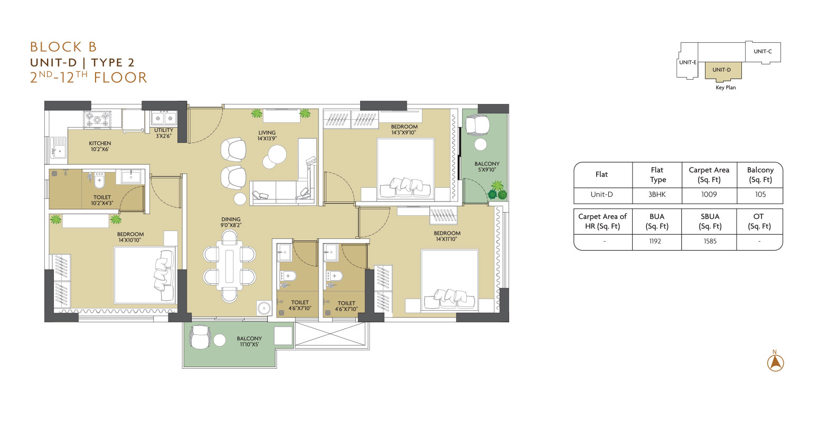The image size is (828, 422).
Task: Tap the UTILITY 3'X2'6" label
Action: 163,133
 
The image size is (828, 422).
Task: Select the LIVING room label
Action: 267,132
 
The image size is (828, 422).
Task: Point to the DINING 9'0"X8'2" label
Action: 231,222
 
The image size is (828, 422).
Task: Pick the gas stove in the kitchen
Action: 97,119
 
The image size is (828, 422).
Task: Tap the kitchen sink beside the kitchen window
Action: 59,148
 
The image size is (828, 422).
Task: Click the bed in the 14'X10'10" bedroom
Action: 145,275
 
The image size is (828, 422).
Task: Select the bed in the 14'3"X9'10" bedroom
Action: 406,168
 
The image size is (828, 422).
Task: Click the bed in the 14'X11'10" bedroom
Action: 449,280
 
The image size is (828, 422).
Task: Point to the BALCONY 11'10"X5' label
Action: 249,341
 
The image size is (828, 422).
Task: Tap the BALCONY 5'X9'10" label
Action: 487,167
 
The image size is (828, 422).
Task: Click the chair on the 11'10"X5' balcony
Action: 200,337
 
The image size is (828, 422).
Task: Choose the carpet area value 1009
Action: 709,195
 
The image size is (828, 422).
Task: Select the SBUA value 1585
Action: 710,241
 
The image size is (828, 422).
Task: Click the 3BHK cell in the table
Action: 657,195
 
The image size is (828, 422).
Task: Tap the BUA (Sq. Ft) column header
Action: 657,221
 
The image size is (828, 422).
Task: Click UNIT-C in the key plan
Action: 763,51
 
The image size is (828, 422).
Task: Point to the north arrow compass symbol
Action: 775,361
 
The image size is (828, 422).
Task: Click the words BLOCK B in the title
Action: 63,47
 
